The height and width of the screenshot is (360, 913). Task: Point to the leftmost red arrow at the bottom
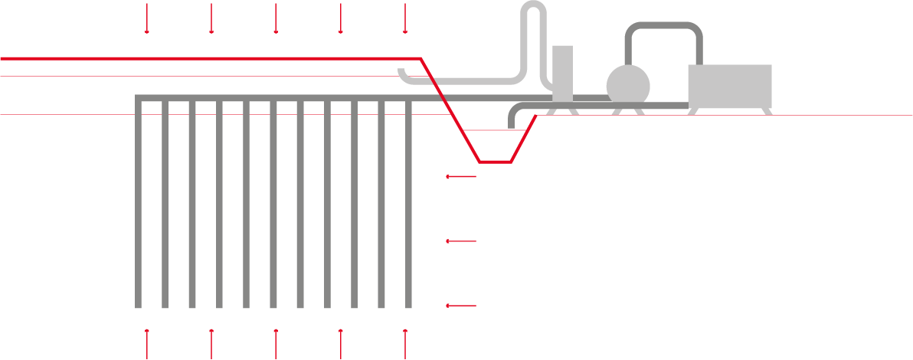pyautogui.click(x=147, y=343)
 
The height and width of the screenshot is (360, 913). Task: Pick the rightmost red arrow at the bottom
pyautogui.click(x=405, y=343)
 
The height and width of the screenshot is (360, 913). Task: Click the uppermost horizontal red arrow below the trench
pyautogui.click(x=462, y=177)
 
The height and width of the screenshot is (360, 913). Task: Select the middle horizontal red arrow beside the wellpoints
pyautogui.click(x=462, y=241)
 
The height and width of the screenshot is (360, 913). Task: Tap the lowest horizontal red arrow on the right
pyautogui.click(x=462, y=306)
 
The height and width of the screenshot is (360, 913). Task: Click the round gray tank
pyautogui.click(x=628, y=86)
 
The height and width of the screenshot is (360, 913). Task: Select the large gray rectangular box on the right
pyautogui.click(x=730, y=87)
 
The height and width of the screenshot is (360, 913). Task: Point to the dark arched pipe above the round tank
pyautogui.click(x=663, y=27)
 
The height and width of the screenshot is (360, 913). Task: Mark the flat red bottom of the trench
pyautogui.click(x=496, y=162)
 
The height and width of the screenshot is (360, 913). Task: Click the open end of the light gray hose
pyautogui.click(x=401, y=72)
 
